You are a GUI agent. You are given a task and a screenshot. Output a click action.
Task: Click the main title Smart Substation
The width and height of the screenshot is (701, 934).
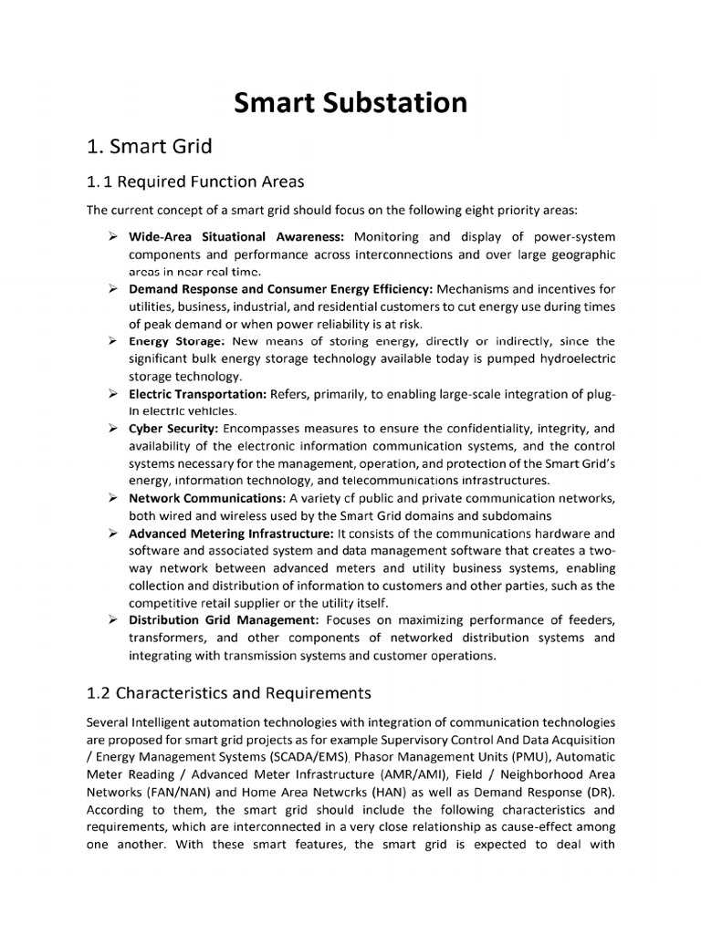click(350, 102)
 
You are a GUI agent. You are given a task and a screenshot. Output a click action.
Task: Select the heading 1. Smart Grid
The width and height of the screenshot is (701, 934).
click(149, 146)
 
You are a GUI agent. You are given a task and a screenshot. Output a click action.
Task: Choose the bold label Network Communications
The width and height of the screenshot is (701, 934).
click(206, 498)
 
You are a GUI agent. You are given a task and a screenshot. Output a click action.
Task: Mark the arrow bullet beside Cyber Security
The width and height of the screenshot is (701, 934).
click(110, 428)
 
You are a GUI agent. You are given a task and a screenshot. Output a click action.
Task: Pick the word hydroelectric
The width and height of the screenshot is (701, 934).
click(571, 358)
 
